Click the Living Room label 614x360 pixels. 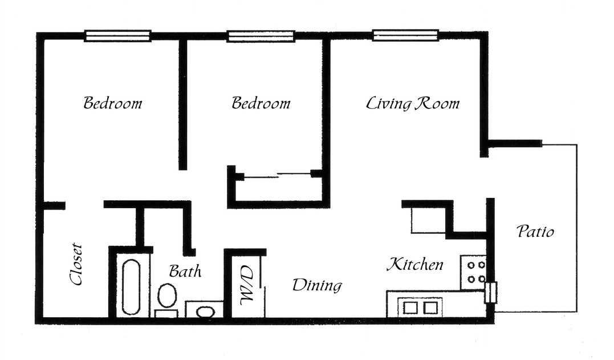(x=412, y=103)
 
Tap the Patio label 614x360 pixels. (x=535, y=232)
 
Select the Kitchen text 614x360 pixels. (x=414, y=265)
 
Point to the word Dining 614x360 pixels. (x=317, y=285)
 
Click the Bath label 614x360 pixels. (x=185, y=270)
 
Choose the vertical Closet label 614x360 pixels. (x=76, y=265)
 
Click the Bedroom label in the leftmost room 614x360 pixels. (x=112, y=103)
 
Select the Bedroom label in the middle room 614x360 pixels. (x=261, y=103)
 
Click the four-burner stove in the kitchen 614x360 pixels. (x=474, y=272)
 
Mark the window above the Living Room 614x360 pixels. (x=406, y=35)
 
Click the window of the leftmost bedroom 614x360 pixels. (x=117, y=35)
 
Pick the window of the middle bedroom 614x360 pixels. (x=261, y=35)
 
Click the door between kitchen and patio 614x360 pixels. (x=490, y=293)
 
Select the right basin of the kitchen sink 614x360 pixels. (x=431, y=308)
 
